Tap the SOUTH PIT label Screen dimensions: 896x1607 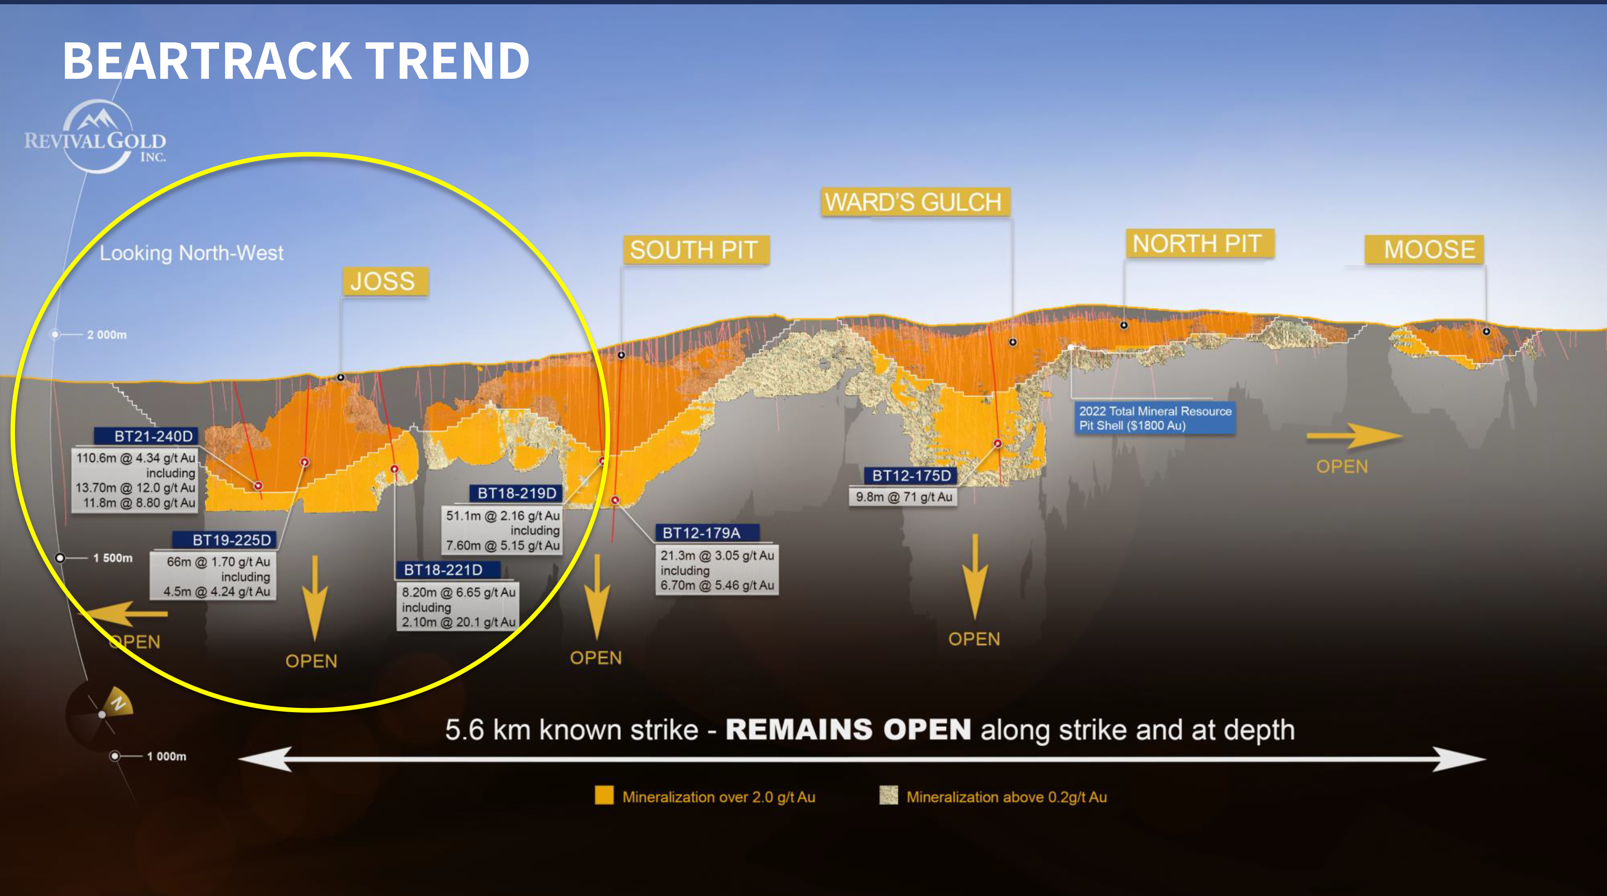point(695,250)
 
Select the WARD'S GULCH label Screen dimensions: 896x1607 point(914,202)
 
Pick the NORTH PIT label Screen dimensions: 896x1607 point(1198,244)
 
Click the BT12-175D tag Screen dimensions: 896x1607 point(910,475)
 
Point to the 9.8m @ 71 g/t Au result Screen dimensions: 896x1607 point(903,497)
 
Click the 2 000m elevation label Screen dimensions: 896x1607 point(107,335)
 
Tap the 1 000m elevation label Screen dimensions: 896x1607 point(167,756)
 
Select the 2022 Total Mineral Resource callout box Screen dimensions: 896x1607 point(1155,418)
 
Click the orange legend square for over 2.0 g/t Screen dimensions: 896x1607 point(604,796)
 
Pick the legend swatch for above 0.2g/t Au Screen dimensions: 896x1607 point(888,796)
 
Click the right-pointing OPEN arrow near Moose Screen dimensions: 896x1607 point(1354,436)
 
